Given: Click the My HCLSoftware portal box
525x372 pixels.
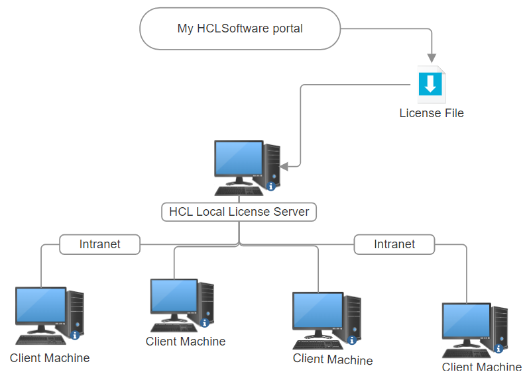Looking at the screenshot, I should pyautogui.click(x=239, y=28).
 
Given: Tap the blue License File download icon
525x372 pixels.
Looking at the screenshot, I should pyautogui.click(x=430, y=83).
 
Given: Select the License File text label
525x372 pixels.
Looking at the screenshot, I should pyautogui.click(x=431, y=113).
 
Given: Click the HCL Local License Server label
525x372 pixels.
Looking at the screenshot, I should pyautogui.click(x=239, y=212).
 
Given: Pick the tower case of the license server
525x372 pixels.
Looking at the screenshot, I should pyautogui.click(x=271, y=165).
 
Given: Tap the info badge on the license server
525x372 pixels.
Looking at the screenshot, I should pyautogui.click(x=271, y=187).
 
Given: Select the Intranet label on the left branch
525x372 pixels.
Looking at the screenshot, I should pyautogui.click(x=100, y=244).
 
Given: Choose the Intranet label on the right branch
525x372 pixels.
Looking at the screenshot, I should pyautogui.click(x=394, y=244).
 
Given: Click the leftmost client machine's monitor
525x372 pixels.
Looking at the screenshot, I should pyautogui.click(x=40, y=306).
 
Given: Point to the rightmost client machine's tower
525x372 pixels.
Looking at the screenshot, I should pyautogui.click(x=499, y=328).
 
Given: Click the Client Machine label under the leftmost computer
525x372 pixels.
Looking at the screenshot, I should pyautogui.click(x=50, y=358).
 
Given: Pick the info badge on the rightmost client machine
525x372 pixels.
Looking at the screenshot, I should pyautogui.click(x=499, y=348).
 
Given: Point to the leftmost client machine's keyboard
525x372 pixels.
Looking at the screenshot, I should pyautogui.click(x=41, y=339).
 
